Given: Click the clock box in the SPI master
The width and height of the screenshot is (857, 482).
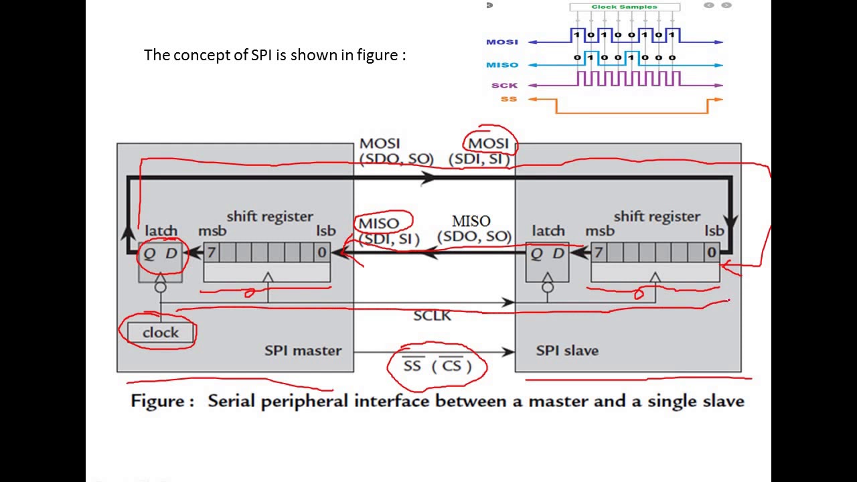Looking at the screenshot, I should (x=160, y=333).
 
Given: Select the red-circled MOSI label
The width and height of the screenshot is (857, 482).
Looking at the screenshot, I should (x=489, y=143).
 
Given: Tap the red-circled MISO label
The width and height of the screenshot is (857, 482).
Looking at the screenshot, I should (x=379, y=223).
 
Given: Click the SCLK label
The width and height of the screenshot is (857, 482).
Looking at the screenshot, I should (x=432, y=315).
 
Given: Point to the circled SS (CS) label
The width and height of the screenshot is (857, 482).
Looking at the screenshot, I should (x=437, y=366).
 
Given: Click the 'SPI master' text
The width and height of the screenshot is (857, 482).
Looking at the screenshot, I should (x=303, y=350).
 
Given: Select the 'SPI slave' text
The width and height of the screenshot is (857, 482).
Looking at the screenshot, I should (x=566, y=350).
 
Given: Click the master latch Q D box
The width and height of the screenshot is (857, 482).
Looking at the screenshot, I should (x=160, y=253).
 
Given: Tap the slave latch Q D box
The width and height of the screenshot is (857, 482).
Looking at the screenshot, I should (x=547, y=253).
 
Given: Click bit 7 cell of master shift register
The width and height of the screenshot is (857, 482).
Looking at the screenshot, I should (x=211, y=252).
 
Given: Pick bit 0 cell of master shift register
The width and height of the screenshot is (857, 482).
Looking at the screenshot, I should (x=322, y=252).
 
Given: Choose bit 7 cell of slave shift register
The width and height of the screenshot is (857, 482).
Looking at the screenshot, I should (x=598, y=252).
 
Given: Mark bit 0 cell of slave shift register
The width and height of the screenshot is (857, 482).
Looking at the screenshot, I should (x=711, y=252).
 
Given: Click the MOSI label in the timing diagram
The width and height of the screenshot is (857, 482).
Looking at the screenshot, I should (x=502, y=42).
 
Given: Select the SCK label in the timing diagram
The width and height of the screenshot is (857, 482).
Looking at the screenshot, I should (x=504, y=85).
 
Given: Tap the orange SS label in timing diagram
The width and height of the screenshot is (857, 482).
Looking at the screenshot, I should (x=509, y=99).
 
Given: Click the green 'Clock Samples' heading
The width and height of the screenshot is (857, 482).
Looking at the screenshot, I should (x=624, y=7).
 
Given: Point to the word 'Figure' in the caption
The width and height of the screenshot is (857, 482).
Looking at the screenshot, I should (x=158, y=401).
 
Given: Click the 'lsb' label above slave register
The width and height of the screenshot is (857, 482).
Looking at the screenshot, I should (x=714, y=230).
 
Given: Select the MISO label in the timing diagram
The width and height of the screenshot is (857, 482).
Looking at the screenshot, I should (x=502, y=65).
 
